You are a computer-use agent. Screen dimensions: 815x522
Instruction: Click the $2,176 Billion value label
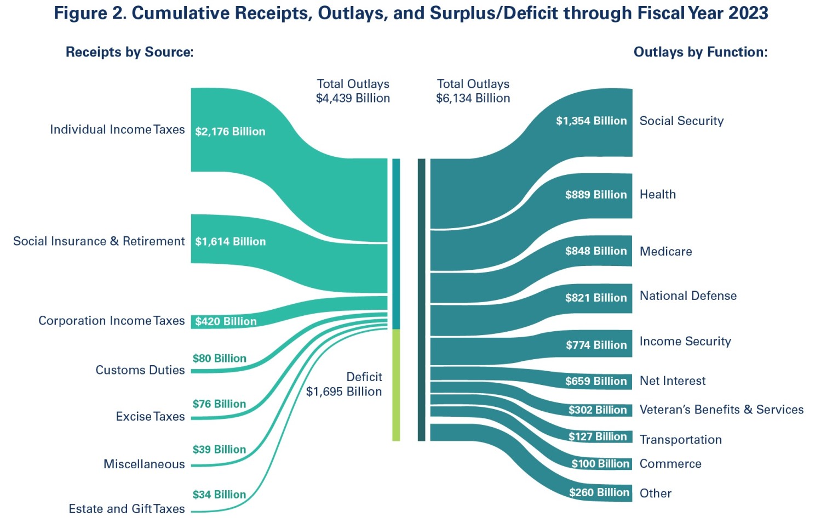pyautogui.click(x=230, y=132)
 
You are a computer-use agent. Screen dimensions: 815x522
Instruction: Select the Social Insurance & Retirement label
pyautogui.click(x=99, y=241)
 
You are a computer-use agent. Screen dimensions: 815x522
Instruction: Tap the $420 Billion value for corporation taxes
pyautogui.click(x=226, y=321)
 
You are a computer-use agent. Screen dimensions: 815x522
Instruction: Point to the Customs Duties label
pyautogui.click(x=140, y=370)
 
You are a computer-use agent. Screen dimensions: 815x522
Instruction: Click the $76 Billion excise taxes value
pyautogui.click(x=220, y=404)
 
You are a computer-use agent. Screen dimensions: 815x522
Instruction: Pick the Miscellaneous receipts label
pyautogui.click(x=144, y=464)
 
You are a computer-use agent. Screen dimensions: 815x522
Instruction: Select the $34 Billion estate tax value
pyautogui.click(x=220, y=495)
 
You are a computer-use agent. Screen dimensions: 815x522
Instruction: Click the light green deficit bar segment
pyautogui.click(x=396, y=385)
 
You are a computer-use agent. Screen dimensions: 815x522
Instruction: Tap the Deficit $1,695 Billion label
pyautogui.click(x=344, y=384)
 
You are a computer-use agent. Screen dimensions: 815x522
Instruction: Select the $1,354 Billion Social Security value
pyautogui.click(x=591, y=121)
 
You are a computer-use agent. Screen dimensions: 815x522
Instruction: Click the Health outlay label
pyautogui.click(x=658, y=195)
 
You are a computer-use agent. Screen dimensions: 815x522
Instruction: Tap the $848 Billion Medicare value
pyautogui.click(x=596, y=251)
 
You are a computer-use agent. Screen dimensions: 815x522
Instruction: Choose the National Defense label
pyautogui.click(x=688, y=296)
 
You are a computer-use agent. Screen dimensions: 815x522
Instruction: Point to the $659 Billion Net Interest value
pyautogui.click(x=596, y=382)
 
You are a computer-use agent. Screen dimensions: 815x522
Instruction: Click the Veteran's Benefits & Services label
pyautogui.click(x=721, y=410)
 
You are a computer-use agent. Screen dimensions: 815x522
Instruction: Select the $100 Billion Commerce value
pyautogui.click(x=600, y=464)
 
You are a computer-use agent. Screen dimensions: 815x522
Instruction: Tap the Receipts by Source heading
pyautogui.click(x=129, y=52)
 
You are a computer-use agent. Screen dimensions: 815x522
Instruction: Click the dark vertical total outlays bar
pyautogui.click(x=421, y=300)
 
